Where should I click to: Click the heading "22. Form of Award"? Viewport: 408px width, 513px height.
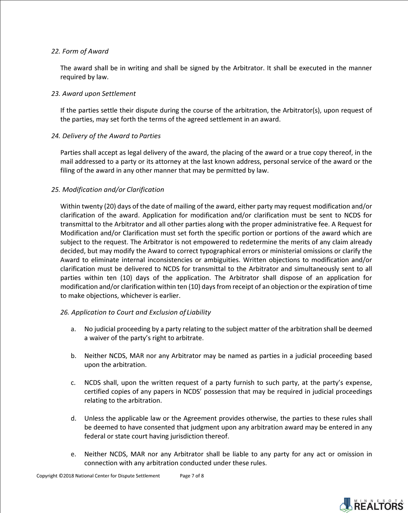[x=80, y=51]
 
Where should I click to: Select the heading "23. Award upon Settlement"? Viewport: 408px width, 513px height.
[x=93, y=94]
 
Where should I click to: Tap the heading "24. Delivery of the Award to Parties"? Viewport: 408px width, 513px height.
[x=106, y=136]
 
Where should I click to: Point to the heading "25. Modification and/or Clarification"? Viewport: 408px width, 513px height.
[x=108, y=190]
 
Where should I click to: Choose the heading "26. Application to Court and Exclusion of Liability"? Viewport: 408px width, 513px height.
[x=136, y=312]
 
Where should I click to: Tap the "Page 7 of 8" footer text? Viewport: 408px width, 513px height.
[x=192, y=476]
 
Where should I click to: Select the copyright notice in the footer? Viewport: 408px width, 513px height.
[x=98, y=476]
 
